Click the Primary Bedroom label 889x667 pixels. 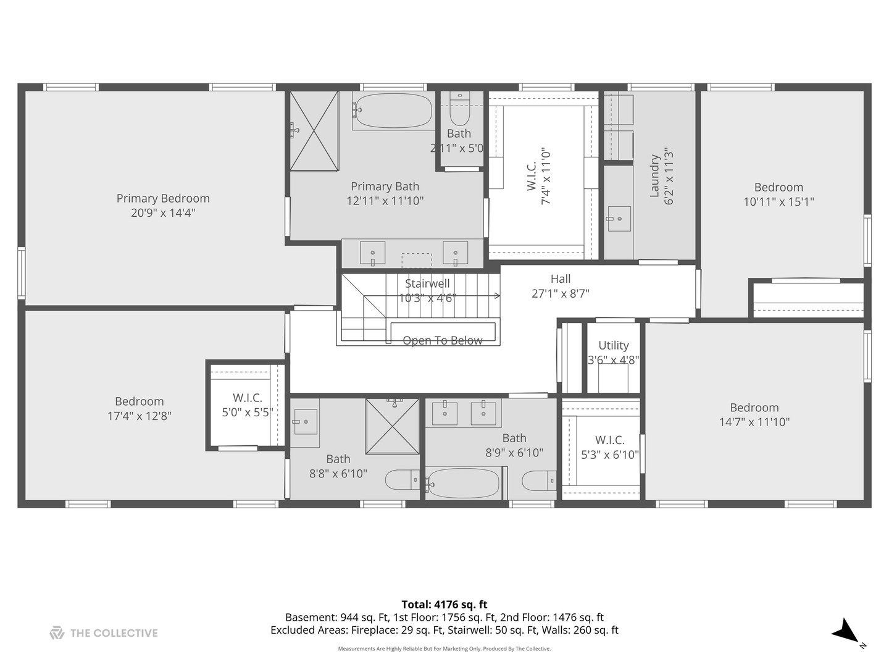pos(163,198)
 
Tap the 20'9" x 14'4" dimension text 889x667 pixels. pos(163,213)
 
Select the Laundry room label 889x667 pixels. pos(654,176)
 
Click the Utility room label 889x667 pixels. pos(613,345)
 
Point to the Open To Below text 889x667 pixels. pos(442,340)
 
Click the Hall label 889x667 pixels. pos(561,279)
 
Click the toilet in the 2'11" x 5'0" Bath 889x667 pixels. pos(460,109)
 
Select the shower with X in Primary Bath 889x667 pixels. pos(314,130)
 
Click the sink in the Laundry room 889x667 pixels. pos(619,219)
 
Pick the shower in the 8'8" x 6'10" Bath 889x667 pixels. pos(392,426)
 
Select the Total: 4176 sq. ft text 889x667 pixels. pos(444,605)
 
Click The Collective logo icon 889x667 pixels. pos(57,633)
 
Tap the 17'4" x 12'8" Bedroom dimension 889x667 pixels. pos(140,416)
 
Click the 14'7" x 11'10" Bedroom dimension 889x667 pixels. pos(754,422)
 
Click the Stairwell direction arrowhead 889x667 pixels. pos(498,296)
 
